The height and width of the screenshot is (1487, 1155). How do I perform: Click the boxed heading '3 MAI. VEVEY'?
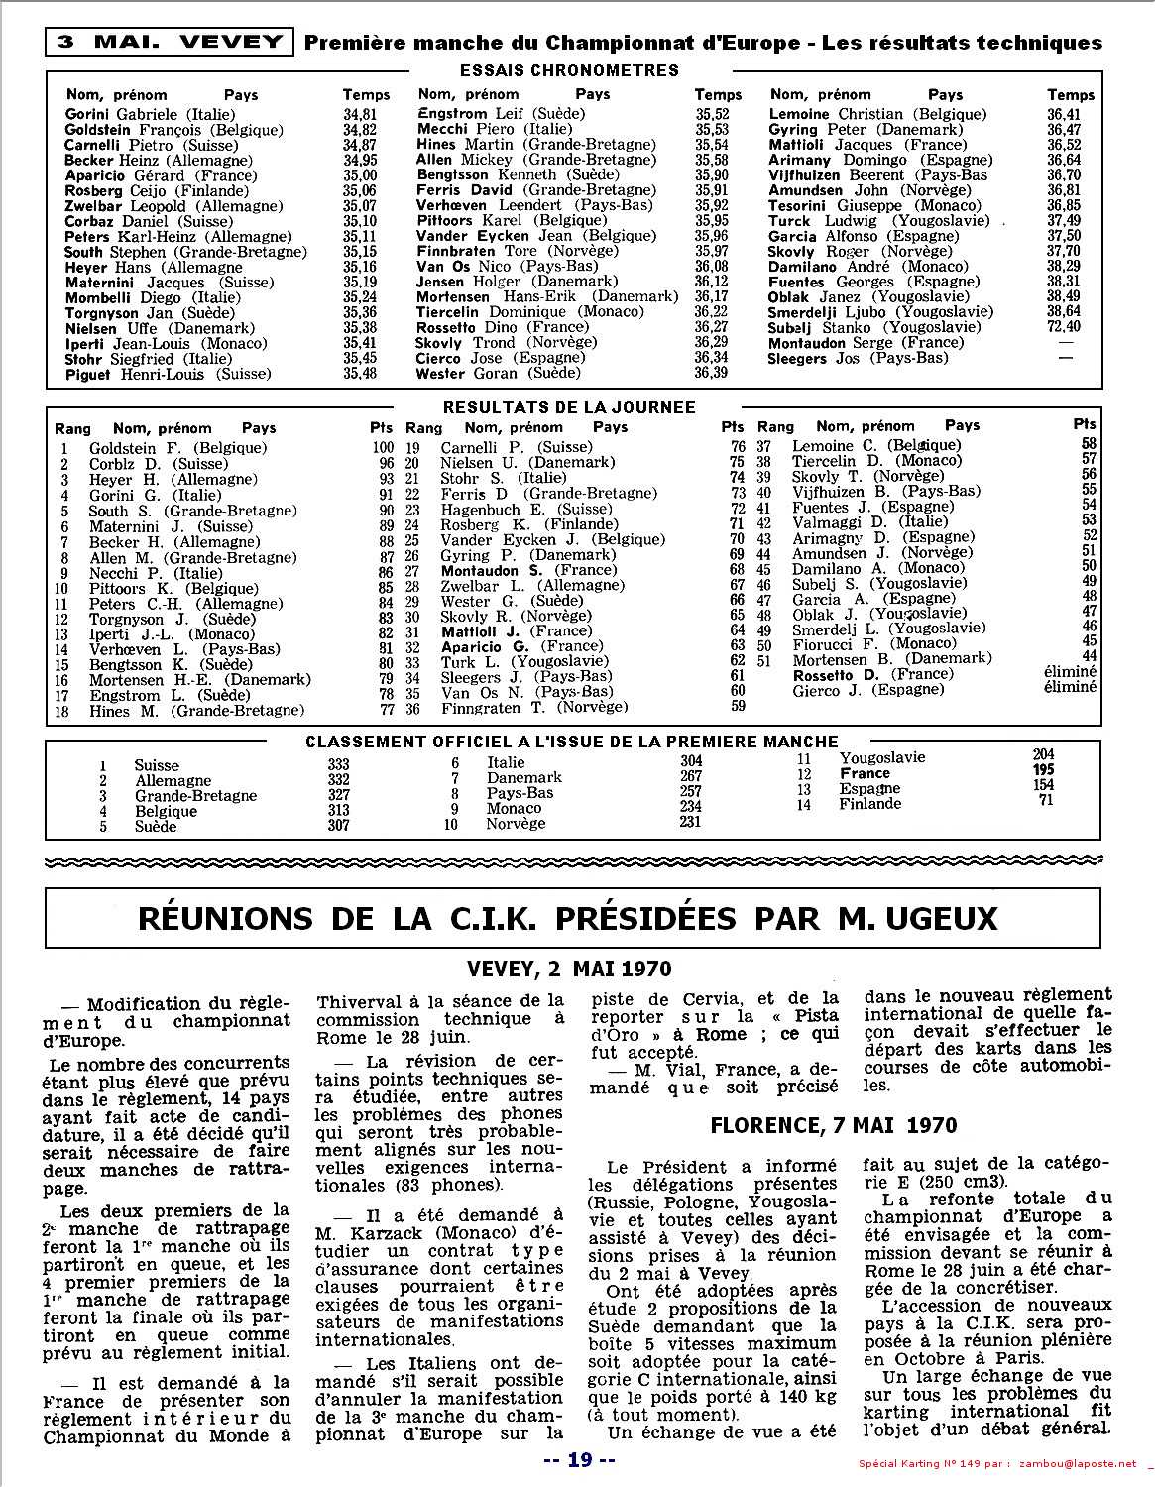click(x=170, y=42)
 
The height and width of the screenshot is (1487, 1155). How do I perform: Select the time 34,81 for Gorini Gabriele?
click(x=359, y=114)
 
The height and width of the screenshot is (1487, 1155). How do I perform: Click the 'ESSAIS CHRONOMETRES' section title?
click(x=569, y=70)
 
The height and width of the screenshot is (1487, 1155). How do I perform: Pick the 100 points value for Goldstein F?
click(x=382, y=448)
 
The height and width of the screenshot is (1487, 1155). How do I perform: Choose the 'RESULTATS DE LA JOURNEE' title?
click(x=569, y=407)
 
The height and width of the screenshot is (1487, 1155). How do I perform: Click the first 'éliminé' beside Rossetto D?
click(x=1070, y=673)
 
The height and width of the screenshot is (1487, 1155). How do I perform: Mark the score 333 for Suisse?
click(x=338, y=764)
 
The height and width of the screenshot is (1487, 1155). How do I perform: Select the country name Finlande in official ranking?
click(x=869, y=804)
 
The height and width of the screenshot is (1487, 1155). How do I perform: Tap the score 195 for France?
click(x=1043, y=770)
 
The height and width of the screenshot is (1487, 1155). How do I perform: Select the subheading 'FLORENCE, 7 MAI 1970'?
click(x=834, y=1125)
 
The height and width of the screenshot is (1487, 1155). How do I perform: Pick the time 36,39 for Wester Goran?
click(x=711, y=373)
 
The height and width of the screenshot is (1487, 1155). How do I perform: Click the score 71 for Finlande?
click(x=1045, y=800)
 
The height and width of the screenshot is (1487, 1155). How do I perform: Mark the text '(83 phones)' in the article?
click(x=447, y=1185)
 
